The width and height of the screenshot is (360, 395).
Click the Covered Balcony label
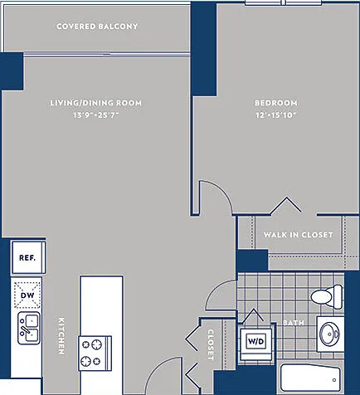point(97,27)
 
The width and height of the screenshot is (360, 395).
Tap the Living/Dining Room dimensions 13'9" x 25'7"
point(96,115)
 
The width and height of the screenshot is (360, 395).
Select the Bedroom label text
point(276,103)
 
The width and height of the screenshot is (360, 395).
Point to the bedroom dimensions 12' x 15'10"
point(275,115)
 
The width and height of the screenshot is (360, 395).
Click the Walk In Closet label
point(298,235)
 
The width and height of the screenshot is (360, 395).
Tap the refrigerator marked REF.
point(28,257)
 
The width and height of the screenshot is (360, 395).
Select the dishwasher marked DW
point(27,295)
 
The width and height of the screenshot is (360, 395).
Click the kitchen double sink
point(29,329)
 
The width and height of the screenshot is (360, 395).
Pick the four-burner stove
point(95,354)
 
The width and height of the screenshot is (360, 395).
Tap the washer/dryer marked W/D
point(256,341)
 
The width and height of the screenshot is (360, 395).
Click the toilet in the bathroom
point(327,297)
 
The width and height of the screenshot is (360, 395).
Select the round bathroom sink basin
point(329,334)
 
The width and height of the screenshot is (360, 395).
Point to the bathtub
point(310,378)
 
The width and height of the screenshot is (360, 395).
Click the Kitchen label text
point(61,336)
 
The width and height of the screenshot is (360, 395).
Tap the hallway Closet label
point(211,344)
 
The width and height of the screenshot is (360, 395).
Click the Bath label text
point(294,323)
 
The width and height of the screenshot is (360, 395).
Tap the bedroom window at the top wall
point(284,2)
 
